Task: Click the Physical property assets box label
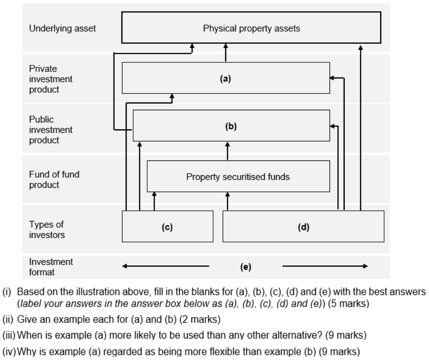pos(251,28)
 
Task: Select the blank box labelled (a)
pos(225,78)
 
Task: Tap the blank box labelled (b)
pos(231,126)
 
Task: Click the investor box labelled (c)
pos(167,227)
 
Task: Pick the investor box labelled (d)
pos(303,227)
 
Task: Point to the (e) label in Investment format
pos(246,266)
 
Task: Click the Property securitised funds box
pos(238,177)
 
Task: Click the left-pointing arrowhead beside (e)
pos(125,266)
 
